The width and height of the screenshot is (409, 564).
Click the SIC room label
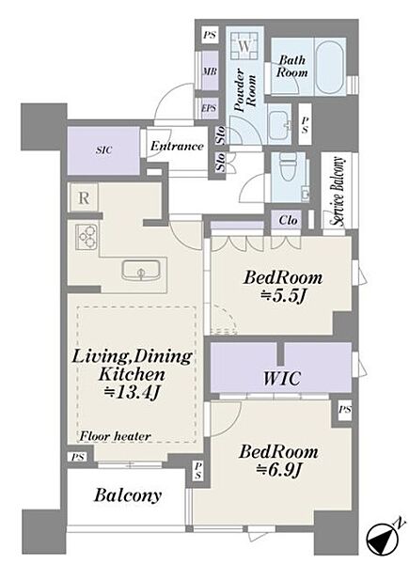coord(103,150)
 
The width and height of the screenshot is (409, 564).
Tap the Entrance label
coord(177,146)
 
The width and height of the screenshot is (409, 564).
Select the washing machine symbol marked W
coord(244,45)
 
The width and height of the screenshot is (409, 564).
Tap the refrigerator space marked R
coord(84,197)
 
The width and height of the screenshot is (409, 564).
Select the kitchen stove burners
coord(87,237)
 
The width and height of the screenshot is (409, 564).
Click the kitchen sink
coord(141,271)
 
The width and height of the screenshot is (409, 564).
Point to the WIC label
coord(282,379)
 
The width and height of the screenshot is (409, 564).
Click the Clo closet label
coord(288,220)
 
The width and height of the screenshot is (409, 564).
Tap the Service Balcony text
coord(338,191)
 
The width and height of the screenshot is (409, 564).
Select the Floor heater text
coord(115,436)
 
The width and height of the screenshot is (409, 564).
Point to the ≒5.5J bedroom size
coord(283,296)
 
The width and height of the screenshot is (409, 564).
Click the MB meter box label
coord(210,71)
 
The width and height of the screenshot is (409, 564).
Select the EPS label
coord(209,107)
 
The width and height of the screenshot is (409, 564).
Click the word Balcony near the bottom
coord(127,495)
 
